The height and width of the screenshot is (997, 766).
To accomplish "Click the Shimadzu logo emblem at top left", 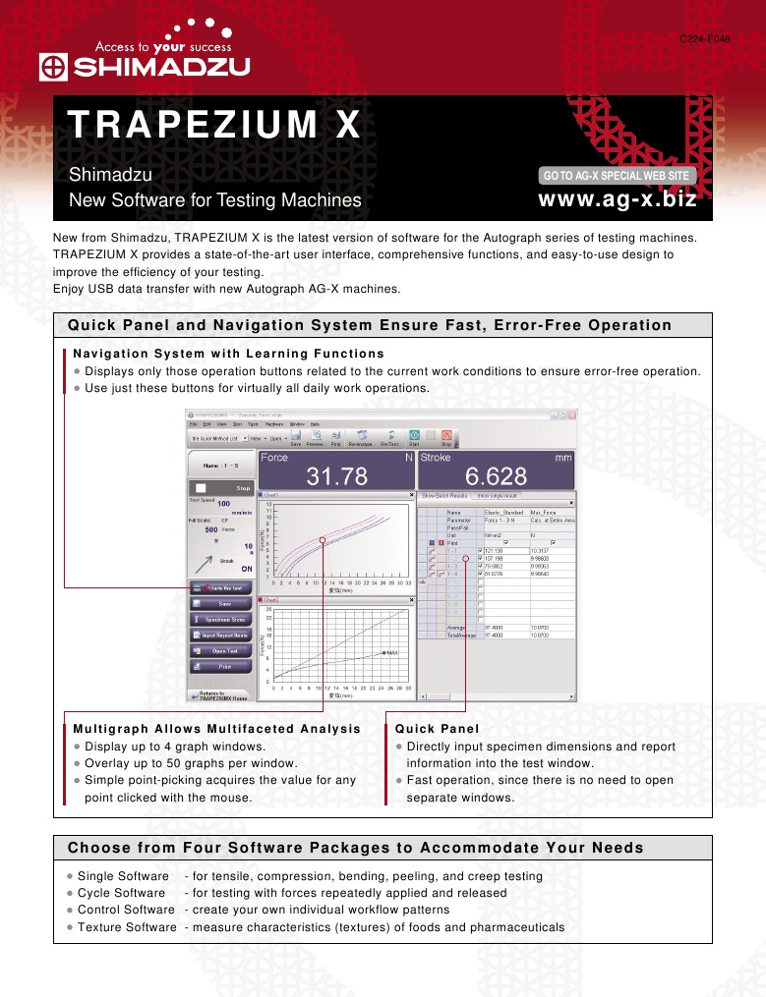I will point(52,68).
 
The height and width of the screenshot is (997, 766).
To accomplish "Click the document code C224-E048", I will point(705,38).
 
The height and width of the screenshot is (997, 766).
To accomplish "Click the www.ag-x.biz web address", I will point(619,199).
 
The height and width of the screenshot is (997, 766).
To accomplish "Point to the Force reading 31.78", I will point(337,476).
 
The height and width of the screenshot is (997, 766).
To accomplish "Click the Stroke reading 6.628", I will point(496,476).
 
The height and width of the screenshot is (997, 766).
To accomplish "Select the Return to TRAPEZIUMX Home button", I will point(220,694).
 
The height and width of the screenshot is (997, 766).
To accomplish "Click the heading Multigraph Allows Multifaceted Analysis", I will point(217,728).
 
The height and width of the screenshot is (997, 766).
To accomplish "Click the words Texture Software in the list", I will point(127,927).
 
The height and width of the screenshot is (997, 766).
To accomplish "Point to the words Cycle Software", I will point(121,893).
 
